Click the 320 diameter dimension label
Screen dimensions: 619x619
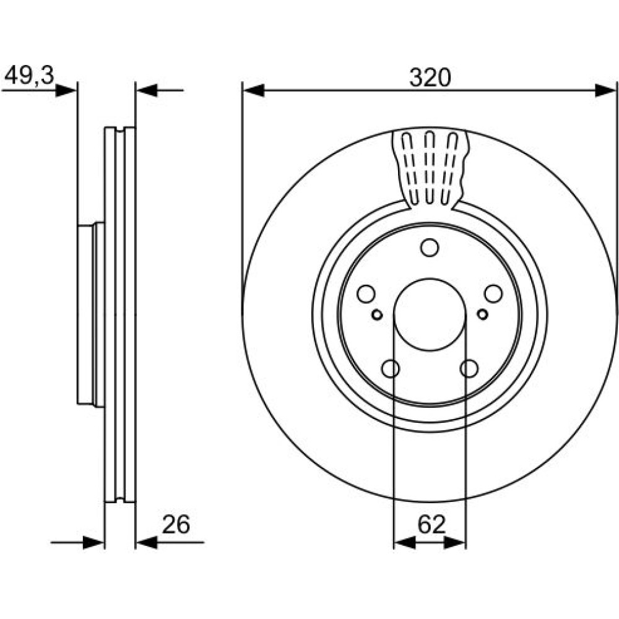[x=430, y=77]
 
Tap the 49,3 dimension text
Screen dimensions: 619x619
[x=29, y=75]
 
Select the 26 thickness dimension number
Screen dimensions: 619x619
[x=176, y=525]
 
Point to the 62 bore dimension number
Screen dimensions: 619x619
[x=431, y=525]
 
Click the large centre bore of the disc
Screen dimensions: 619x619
[x=430, y=314]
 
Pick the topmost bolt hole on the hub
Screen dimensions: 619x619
[x=430, y=248]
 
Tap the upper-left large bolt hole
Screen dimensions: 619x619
[x=366, y=293]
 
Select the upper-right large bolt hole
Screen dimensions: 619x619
[x=493, y=293]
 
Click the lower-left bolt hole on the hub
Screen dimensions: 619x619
[x=391, y=368]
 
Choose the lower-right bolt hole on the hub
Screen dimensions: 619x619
[x=469, y=368]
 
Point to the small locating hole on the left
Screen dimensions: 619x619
[x=378, y=314]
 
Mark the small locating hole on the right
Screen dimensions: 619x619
[x=482, y=314]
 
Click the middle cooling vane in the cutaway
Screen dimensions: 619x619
[x=430, y=168]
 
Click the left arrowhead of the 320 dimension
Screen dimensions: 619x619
[x=253, y=90]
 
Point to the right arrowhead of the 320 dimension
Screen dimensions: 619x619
[x=605, y=90]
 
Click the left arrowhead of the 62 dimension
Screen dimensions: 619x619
[x=405, y=542]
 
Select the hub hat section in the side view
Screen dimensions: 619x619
[x=91, y=314]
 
